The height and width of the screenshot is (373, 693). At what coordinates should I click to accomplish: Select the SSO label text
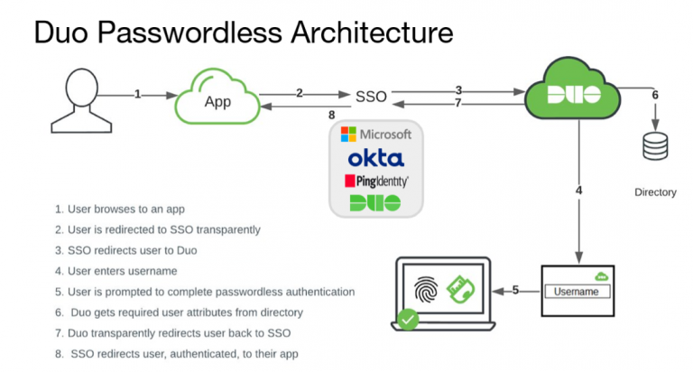click(x=371, y=96)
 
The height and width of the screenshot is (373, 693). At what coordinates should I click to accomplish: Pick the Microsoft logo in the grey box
click(x=376, y=135)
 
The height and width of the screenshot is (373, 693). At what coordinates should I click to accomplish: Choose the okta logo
click(x=376, y=158)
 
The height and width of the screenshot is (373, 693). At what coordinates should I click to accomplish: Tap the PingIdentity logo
click(x=376, y=181)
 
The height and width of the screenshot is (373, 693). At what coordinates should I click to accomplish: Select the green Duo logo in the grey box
click(x=376, y=202)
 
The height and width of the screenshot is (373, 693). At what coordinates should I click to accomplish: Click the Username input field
click(x=577, y=292)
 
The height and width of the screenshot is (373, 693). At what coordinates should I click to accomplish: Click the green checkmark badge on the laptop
click(x=409, y=319)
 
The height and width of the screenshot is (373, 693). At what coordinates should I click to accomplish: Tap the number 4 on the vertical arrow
click(x=578, y=191)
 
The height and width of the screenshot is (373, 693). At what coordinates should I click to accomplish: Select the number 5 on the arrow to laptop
click(x=516, y=290)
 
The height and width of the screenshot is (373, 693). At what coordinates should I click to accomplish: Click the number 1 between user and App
click(x=137, y=93)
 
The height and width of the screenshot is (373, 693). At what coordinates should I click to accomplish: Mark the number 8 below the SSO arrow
click(x=332, y=115)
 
